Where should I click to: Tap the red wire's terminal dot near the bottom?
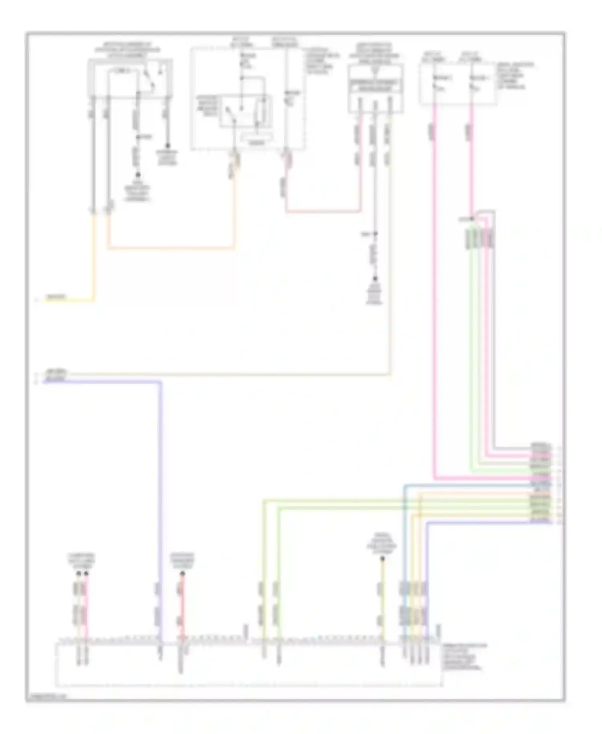pos(182,575)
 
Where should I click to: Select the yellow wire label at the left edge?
pos(56,298)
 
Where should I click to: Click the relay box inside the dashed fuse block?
pos(245,111)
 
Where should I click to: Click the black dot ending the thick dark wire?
pos(168,146)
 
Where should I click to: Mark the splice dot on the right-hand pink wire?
pos(472,219)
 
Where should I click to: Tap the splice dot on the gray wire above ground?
pos(376,234)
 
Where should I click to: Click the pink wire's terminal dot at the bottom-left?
pos(85,574)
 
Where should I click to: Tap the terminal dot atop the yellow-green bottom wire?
pos(382,559)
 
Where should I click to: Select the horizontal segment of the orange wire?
pos(171,248)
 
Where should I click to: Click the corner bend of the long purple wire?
pos(161,382)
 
